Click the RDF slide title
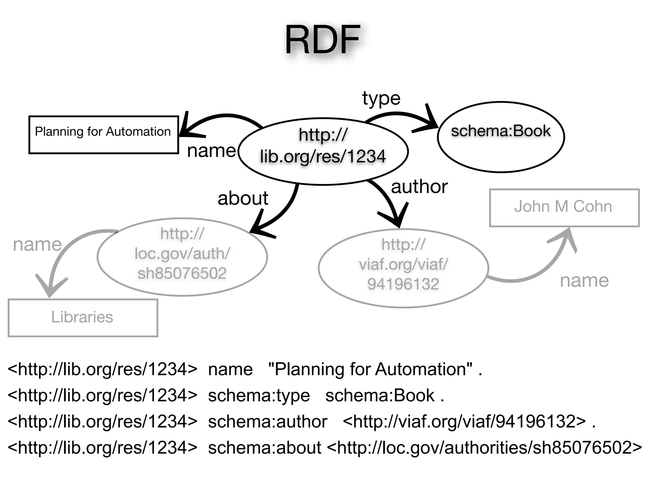pyautogui.click(x=322, y=41)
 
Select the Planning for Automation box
pyautogui.click(x=103, y=135)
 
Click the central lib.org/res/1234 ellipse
pyautogui.click(x=323, y=151)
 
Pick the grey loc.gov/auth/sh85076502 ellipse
pyautogui.click(x=182, y=257)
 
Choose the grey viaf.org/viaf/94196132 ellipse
pyautogui.click(x=403, y=268)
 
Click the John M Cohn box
pyautogui.click(x=564, y=208)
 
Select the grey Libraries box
pyautogui.click(x=83, y=317)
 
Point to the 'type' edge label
pyautogui.click(x=381, y=98)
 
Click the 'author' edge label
pyautogui.click(x=419, y=187)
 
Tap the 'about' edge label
pyautogui.click(x=243, y=198)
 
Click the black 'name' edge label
pyautogui.click(x=211, y=151)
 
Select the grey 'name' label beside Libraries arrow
pyautogui.click(x=37, y=244)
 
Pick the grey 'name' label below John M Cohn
pyautogui.click(x=584, y=281)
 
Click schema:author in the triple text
pyautogui.click(x=268, y=422)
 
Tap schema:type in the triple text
pyautogui.click(x=259, y=395)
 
